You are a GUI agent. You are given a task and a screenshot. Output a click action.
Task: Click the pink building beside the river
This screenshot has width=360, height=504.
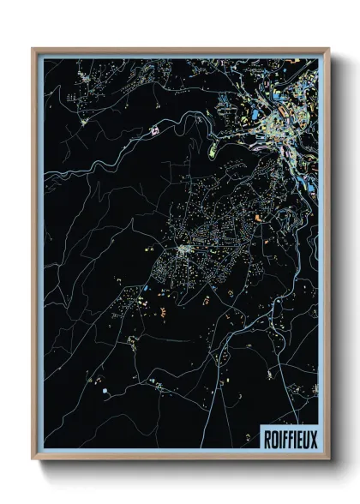(x=155, y=131)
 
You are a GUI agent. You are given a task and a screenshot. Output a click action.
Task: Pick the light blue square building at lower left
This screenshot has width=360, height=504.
(x=105, y=392)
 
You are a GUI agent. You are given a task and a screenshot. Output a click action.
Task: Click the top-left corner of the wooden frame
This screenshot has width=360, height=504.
(x=33, y=49)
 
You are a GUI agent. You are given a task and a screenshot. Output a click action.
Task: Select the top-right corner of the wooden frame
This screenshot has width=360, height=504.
(x=328, y=49)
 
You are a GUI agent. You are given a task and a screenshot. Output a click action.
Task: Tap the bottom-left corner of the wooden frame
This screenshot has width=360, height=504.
(x=33, y=459)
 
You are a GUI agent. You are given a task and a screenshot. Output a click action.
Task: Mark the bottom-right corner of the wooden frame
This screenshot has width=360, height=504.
(x=328, y=459)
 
